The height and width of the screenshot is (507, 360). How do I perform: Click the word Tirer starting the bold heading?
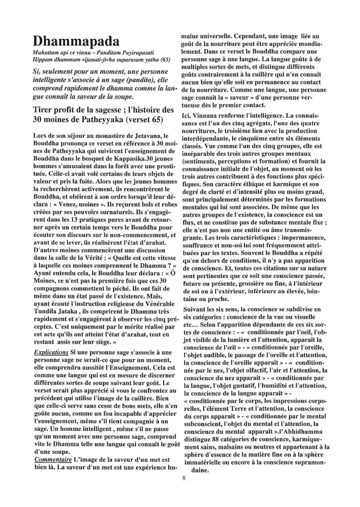click(x=44, y=111)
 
